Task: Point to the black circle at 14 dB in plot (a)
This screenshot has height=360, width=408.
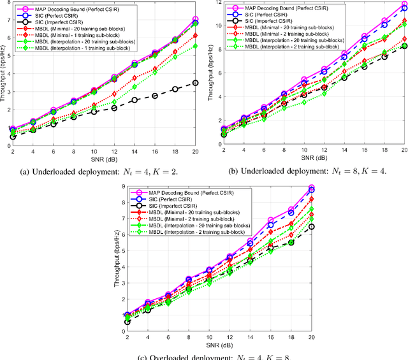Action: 135,100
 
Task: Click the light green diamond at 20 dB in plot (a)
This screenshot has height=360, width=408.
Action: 195,46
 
